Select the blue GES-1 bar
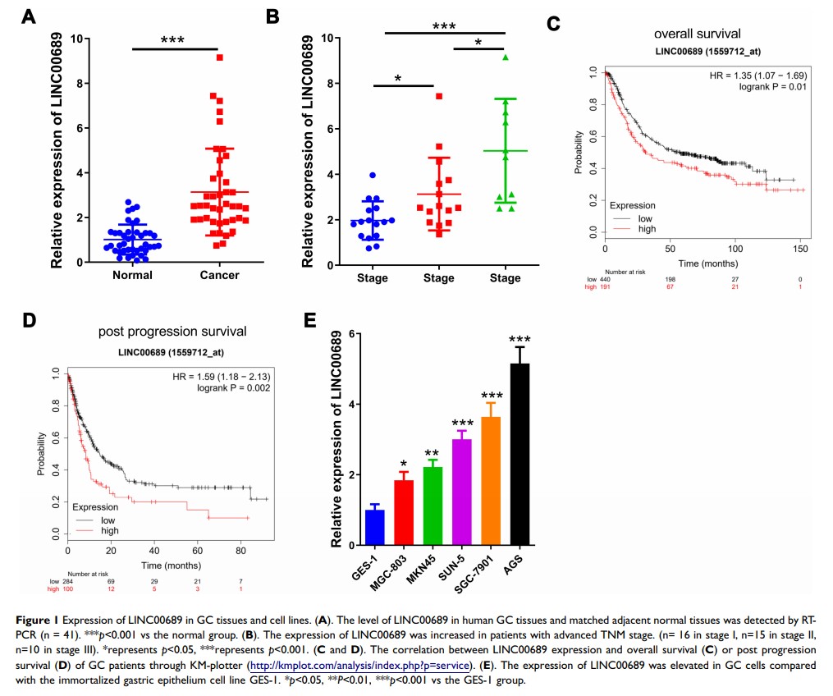pos(375,527)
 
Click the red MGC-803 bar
pos(404,512)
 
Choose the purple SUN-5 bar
pos(461,492)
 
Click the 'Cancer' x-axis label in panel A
pos(220,275)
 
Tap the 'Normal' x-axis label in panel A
pos(132,275)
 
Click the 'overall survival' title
pos(697,34)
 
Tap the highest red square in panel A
pos(220,57)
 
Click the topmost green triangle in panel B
pos(506,57)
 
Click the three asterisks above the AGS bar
pos(519,339)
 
